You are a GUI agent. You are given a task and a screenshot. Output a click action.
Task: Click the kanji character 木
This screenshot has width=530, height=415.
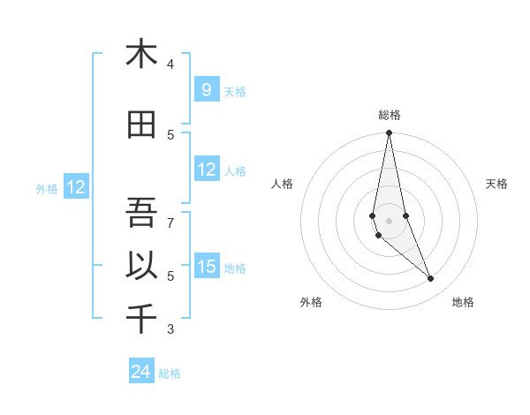point(141,54)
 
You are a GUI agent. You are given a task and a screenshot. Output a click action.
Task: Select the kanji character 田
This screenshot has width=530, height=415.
point(141,124)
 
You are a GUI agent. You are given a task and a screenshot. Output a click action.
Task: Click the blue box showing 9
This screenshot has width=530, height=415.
point(206,89)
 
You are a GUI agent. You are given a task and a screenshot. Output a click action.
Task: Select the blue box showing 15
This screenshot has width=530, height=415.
point(206,266)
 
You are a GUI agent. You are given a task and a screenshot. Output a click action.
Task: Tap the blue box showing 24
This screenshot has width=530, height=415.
point(141,372)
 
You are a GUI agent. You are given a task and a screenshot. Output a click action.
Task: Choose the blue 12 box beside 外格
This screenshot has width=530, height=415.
point(76,187)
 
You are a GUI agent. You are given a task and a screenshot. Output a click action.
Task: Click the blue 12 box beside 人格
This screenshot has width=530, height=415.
point(206,170)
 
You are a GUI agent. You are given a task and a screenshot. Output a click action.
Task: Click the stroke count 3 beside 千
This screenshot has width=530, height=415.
point(171,330)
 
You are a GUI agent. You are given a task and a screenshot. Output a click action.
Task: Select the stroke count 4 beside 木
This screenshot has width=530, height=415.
point(170,64)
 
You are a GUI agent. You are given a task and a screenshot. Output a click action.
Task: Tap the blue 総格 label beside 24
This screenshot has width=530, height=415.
point(170,373)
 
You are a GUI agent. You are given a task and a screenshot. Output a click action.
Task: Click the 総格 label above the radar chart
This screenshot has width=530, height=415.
point(390,115)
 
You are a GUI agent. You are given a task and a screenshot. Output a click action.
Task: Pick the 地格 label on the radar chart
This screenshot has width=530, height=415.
point(463,303)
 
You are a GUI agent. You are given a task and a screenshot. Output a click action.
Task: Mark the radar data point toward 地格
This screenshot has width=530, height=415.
point(431,279)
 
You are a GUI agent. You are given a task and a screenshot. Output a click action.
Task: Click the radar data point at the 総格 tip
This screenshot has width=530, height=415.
point(390,133)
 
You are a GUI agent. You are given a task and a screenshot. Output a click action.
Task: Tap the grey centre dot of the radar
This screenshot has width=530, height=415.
point(390,220)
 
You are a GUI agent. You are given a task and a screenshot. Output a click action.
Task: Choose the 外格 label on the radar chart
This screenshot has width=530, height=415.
point(311,303)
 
